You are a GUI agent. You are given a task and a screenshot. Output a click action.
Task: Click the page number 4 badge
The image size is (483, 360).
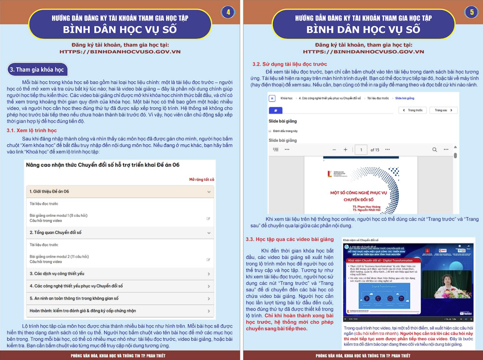point(228,12)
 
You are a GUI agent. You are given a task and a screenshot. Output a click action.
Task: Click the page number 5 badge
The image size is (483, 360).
point(471,12)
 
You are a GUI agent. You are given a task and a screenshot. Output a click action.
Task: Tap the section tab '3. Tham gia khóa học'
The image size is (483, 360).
point(37,70)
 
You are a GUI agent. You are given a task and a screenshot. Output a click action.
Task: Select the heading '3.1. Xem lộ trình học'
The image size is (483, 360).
point(32,131)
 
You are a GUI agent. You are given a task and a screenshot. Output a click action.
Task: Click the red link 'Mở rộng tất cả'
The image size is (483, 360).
point(202,180)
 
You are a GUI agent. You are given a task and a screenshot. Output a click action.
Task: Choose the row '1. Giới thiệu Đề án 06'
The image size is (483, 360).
point(120,191)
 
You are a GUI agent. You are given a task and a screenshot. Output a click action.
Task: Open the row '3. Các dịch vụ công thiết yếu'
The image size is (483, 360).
point(120,274)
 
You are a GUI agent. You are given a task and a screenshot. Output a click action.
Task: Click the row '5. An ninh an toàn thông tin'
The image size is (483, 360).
point(120,298)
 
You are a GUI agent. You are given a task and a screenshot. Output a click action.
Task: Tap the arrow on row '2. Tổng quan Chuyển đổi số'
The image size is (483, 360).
point(209,233)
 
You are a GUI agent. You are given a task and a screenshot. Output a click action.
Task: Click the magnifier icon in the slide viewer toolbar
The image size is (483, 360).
point(434,150)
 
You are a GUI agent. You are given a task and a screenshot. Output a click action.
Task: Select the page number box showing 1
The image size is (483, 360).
point(361,150)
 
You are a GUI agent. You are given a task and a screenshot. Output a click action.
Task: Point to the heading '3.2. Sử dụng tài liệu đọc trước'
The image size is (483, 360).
point(289,64)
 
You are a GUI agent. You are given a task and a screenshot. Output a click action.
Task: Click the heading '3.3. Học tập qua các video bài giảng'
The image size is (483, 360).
point(290,239)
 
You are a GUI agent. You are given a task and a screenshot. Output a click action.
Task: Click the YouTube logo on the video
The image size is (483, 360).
point(466,313)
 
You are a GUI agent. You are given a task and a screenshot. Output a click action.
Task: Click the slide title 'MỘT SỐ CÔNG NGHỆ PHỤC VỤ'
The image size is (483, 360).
point(358,193)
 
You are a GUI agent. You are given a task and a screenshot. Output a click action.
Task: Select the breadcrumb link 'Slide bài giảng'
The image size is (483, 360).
point(405,98)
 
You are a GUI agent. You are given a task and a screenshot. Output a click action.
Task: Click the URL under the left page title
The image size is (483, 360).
point(120,52)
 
